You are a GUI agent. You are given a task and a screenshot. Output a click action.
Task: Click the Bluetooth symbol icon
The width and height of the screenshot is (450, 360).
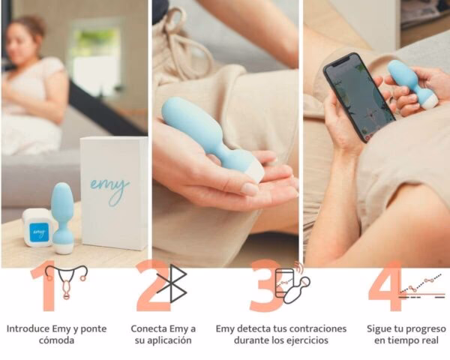tap(172, 283)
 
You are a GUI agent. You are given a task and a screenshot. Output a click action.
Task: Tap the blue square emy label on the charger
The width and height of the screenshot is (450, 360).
tap(39, 232)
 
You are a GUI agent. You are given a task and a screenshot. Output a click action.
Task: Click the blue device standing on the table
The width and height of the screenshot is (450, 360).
tap(61, 218)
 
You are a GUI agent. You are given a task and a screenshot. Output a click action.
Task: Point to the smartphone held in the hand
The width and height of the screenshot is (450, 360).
tap(359, 97)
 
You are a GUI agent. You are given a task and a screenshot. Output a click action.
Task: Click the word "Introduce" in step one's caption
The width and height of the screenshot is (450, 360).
tap(28, 329)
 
